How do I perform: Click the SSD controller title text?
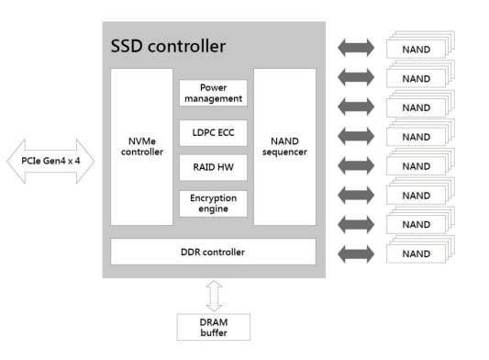coord(168,45)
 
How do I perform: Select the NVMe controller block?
coord(141,147)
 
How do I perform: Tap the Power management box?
coord(213,93)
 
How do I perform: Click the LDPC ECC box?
coord(213,132)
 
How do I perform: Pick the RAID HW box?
coord(213,167)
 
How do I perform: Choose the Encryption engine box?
coord(213,203)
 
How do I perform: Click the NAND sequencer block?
coord(284,147)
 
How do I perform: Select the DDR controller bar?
coord(213,252)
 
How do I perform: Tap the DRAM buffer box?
coord(213,326)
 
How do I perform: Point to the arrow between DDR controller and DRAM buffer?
coord(213,293)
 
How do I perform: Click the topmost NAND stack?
coord(418,49)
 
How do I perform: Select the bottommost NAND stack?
coord(418,253)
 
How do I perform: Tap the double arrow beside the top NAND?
coord(356,48)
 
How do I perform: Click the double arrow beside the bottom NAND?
coord(356,253)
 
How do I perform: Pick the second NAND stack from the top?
coord(418,78)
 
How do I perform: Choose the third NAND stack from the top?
coord(418,107)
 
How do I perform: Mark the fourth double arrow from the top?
coord(356,136)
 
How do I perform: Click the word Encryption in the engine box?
coord(213,197)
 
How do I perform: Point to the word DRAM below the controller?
coord(213,321)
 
